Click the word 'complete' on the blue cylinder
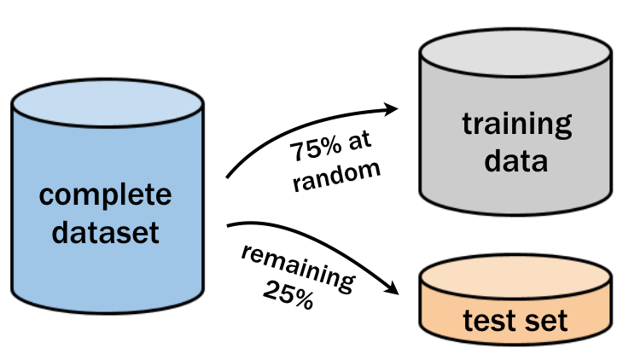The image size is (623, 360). click(x=106, y=195)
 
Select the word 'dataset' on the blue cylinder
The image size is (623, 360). click(x=106, y=230)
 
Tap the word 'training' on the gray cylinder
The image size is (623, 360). click(x=517, y=125)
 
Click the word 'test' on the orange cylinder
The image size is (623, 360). click(x=492, y=322)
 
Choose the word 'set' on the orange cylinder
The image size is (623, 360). click(x=548, y=322)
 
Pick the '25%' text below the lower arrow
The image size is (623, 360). click(x=288, y=298)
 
